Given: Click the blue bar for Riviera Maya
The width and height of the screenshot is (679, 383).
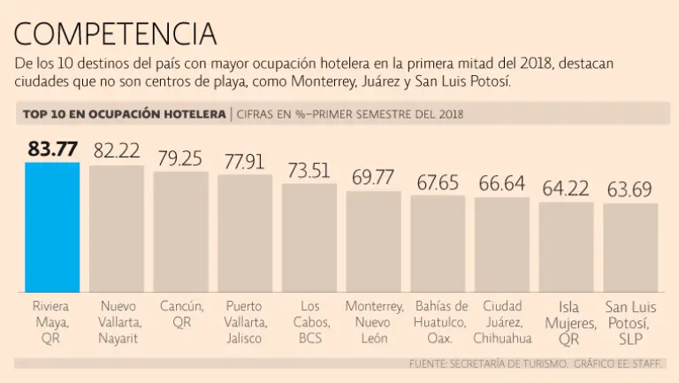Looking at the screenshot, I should tap(52, 227).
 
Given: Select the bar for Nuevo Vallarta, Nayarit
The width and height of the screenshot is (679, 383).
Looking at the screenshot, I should tap(117, 229).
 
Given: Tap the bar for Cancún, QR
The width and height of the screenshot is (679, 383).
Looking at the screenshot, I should tap(181, 232).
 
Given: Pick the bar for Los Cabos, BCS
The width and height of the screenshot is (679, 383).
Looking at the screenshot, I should tap(309, 238).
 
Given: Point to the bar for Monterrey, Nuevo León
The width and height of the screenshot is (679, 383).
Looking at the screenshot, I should tap(373, 241).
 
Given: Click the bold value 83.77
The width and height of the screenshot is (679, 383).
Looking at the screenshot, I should tap(52, 149).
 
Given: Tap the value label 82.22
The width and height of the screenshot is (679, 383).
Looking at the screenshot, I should tap(118, 151).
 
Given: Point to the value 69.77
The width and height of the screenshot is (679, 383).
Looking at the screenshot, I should tap(373, 177).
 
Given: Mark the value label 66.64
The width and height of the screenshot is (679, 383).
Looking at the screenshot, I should tap(501, 183).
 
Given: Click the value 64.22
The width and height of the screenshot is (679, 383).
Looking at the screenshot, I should tap(566, 188).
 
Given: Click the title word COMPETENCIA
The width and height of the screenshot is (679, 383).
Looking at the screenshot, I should tap(115, 34).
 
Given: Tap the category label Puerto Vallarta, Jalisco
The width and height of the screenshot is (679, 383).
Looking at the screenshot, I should tap(245, 322).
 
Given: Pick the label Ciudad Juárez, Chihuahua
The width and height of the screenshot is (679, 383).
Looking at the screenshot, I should tap(502, 322).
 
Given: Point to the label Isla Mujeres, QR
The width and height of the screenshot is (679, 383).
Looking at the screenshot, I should tap(566, 323).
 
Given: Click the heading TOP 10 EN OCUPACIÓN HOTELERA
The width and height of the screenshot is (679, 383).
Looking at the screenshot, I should tap(124, 114).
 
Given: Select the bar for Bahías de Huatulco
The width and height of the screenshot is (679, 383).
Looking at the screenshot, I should tap(438, 243).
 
